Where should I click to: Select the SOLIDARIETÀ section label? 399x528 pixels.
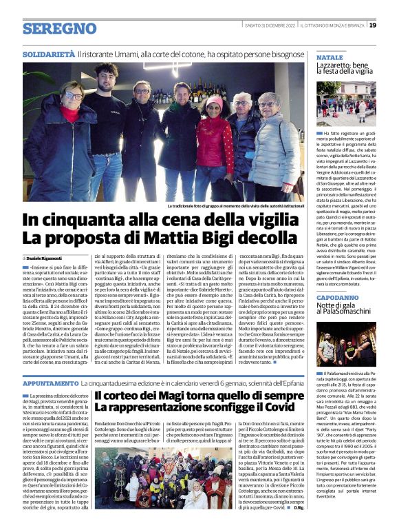48,53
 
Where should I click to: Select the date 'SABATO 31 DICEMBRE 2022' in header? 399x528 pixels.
270,26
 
